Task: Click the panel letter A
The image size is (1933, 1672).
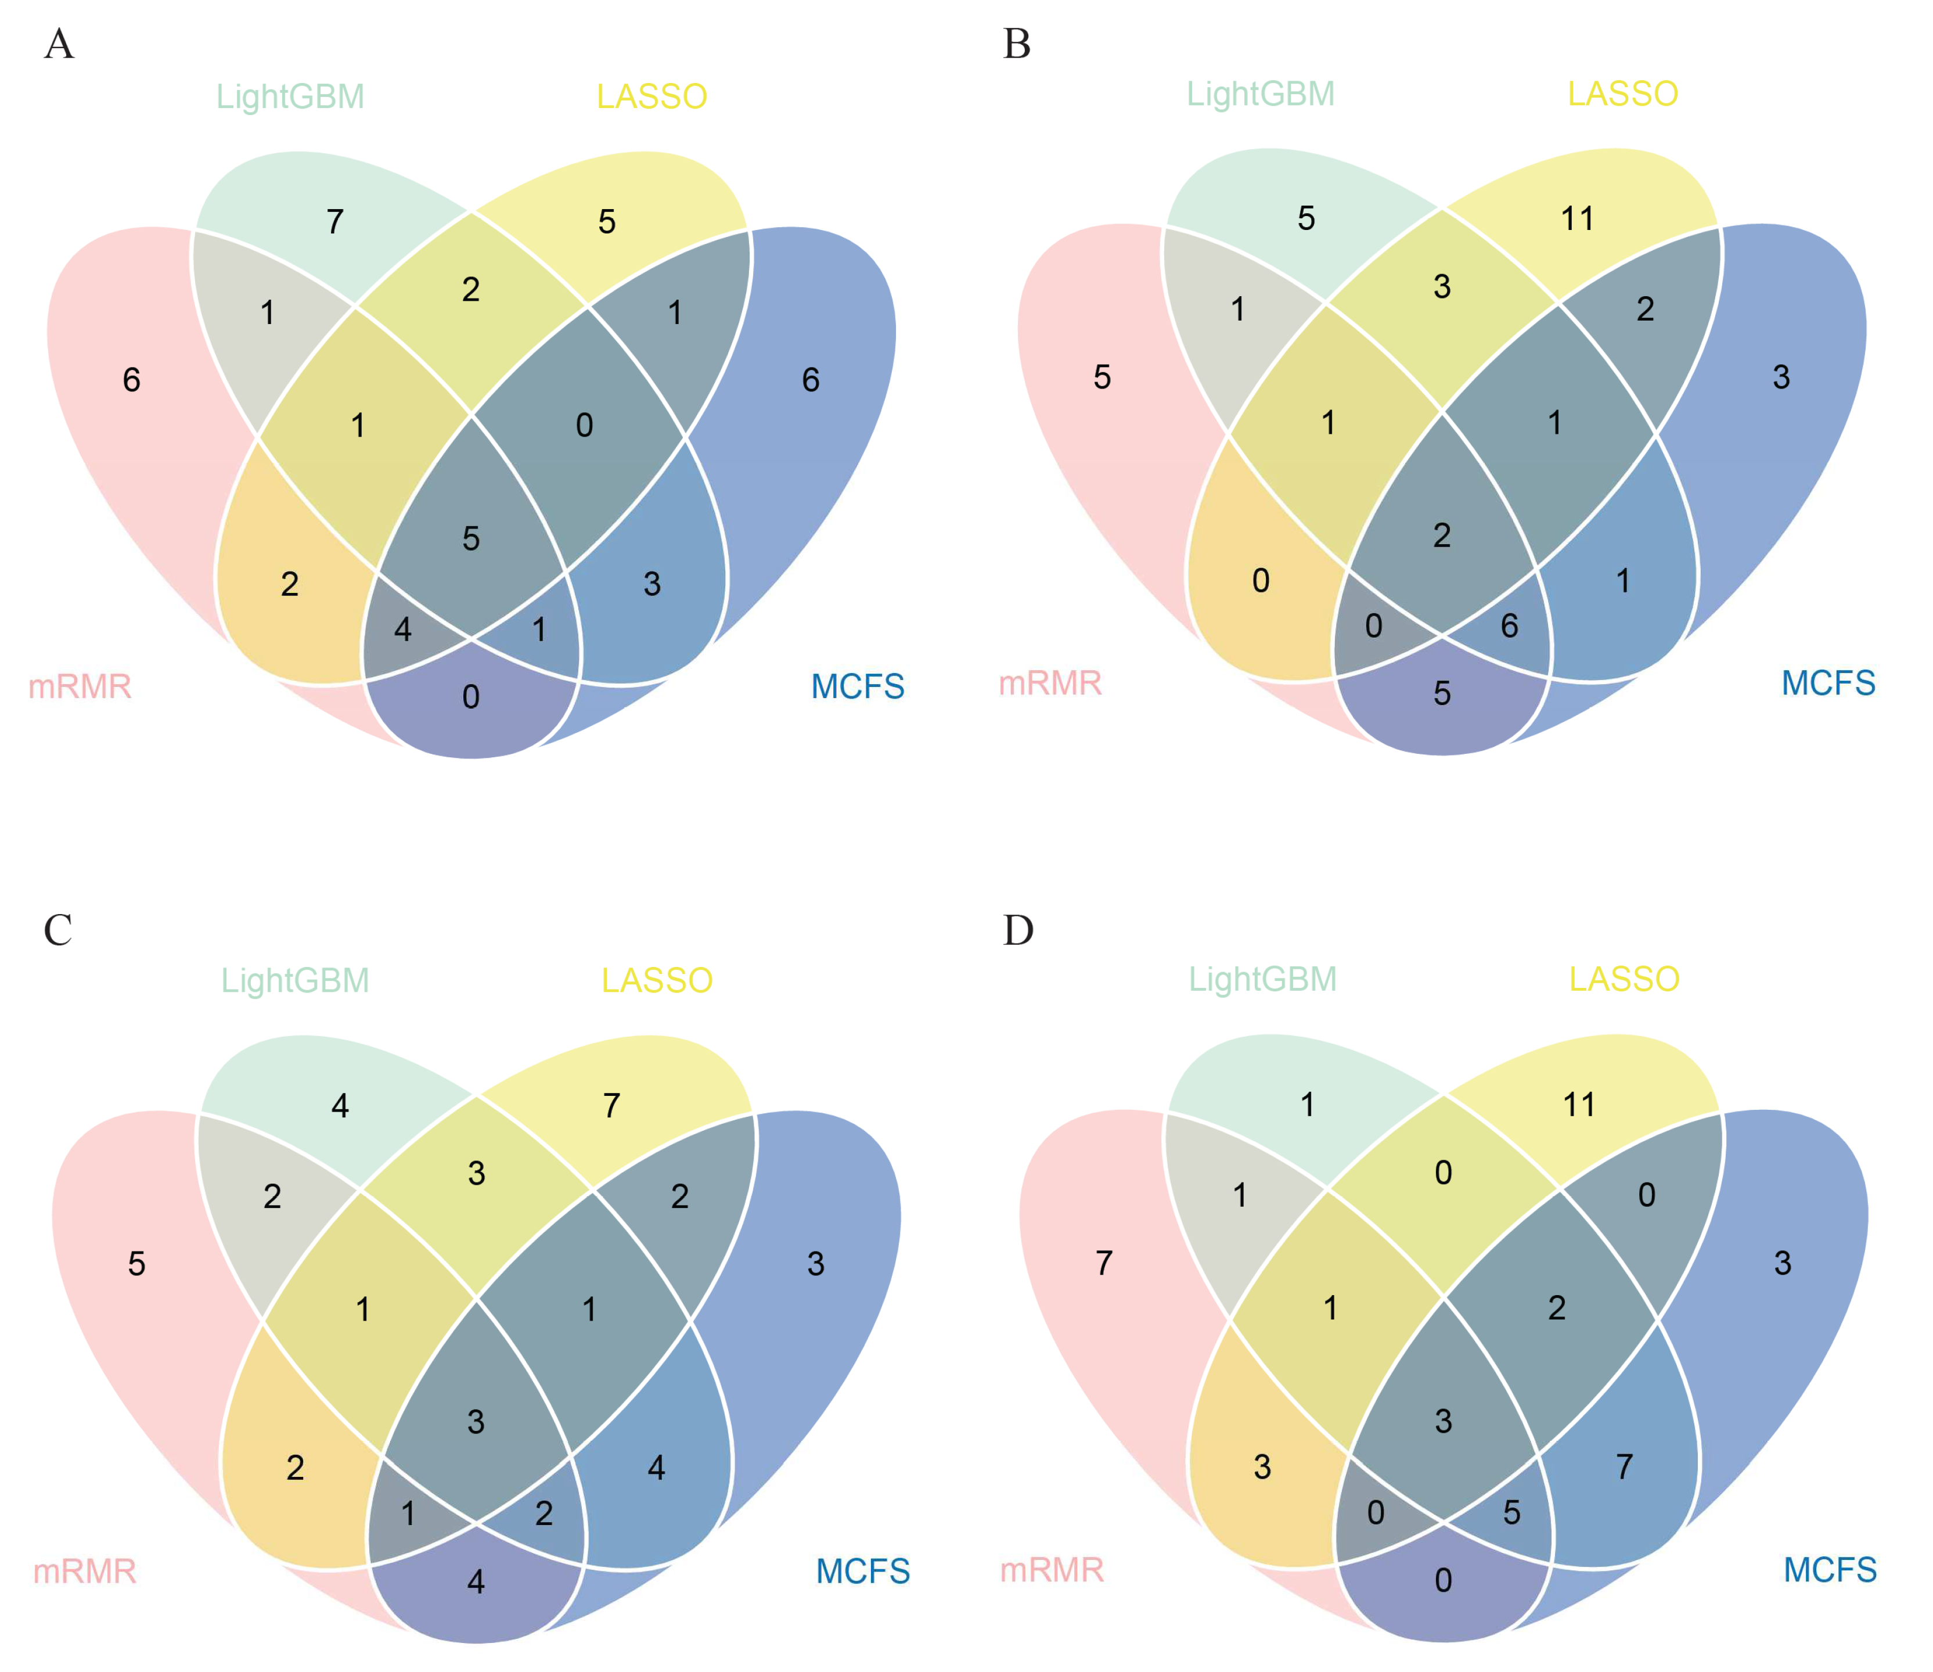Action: point(59,44)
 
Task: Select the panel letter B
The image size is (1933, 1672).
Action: point(1017,44)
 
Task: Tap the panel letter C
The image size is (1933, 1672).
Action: point(58,930)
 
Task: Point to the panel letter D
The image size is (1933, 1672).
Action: point(1018,930)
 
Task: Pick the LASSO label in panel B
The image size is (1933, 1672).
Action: point(1622,94)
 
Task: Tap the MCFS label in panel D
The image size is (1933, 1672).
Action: point(1830,1570)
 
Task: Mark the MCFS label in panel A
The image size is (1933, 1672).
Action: point(858,686)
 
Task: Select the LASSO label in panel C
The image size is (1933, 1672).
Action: point(657,981)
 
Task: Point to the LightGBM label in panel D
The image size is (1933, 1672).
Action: point(1262,980)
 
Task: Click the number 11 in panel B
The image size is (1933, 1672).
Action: point(1578,220)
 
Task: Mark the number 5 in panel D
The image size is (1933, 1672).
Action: point(1512,1512)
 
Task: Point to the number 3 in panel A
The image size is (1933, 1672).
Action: point(652,584)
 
